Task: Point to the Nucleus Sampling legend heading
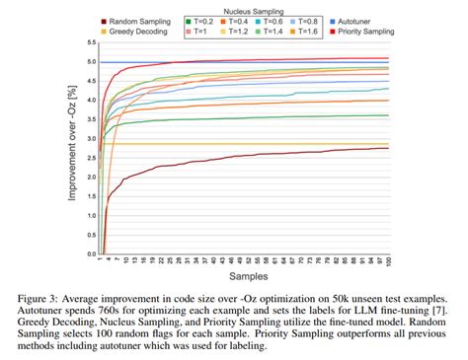coord(254,8)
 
